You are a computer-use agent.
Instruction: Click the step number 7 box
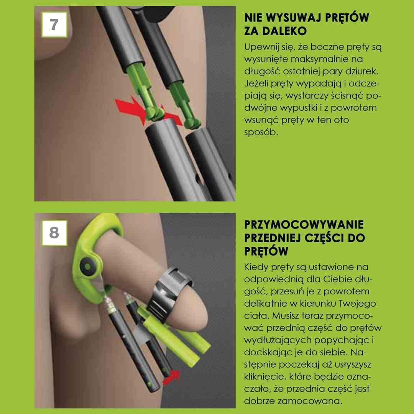coord(54,25)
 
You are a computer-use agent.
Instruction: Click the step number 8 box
coord(54,233)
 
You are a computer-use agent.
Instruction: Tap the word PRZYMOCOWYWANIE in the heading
coord(304,225)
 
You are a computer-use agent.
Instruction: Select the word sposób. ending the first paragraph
coord(261,132)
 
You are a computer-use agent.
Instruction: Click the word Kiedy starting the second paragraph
coord(256,267)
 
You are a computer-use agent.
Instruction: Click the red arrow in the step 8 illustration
coord(172,377)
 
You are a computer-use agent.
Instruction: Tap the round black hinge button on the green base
coord(87,267)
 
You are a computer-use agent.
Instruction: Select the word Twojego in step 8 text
coord(357,304)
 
